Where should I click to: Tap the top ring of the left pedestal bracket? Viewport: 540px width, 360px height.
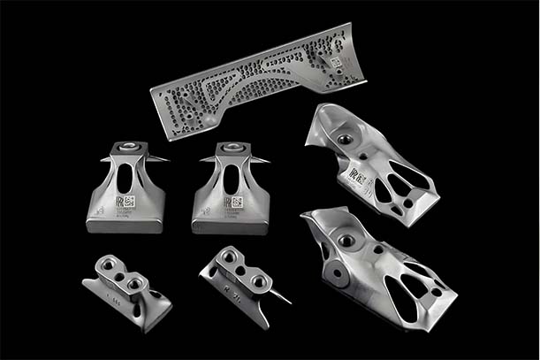(126, 145)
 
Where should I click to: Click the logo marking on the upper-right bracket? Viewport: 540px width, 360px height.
(359, 167)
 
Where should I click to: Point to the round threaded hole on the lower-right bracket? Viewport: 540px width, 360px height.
(346, 239)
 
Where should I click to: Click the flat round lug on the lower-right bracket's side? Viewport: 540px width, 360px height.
(337, 275)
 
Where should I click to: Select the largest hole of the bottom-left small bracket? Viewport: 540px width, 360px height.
(135, 283)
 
